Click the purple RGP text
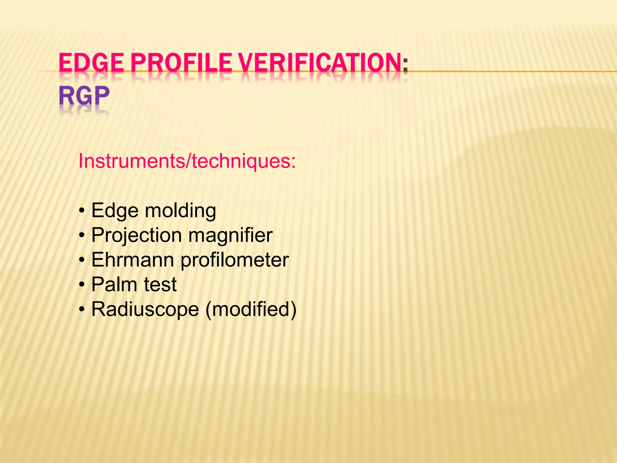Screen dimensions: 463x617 click(x=84, y=96)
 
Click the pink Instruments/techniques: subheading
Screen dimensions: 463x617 click(x=187, y=161)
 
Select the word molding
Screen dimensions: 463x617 click(x=180, y=211)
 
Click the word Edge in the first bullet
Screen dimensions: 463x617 click(x=115, y=211)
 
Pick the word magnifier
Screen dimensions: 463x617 click(x=230, y=235)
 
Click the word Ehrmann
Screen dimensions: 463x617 click(x=133, y=260)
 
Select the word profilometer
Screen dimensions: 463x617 click(x=235, y=260)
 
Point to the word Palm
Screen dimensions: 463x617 click(x=114, y=285)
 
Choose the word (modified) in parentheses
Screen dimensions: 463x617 click(x=251, y=309)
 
